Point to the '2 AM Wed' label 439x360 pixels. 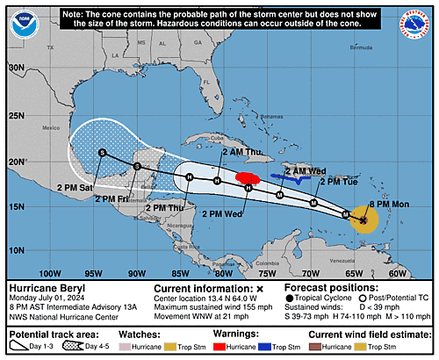[x=306, y=170]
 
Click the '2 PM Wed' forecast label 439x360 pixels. [x=221, y=212]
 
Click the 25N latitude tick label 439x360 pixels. [x=15, y=114]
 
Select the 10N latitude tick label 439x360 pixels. [x=15, y=249]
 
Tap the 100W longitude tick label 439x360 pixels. [x=51, y=273]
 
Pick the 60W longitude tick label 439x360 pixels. [x=396, y=273]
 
